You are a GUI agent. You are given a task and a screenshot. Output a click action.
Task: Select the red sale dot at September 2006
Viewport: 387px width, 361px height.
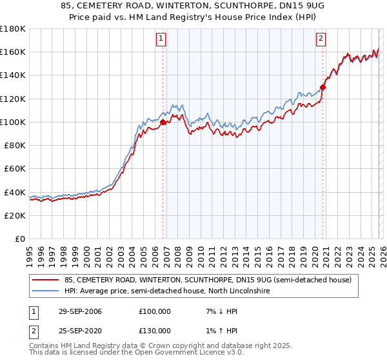click(163, 122)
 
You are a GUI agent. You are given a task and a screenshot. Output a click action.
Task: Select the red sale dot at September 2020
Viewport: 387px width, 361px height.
click(323, 87)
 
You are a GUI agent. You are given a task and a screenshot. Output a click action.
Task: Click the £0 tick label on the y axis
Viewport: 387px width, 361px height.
click(20, 239)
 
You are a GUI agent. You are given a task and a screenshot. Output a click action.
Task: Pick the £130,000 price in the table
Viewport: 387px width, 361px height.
click(155, 331)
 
